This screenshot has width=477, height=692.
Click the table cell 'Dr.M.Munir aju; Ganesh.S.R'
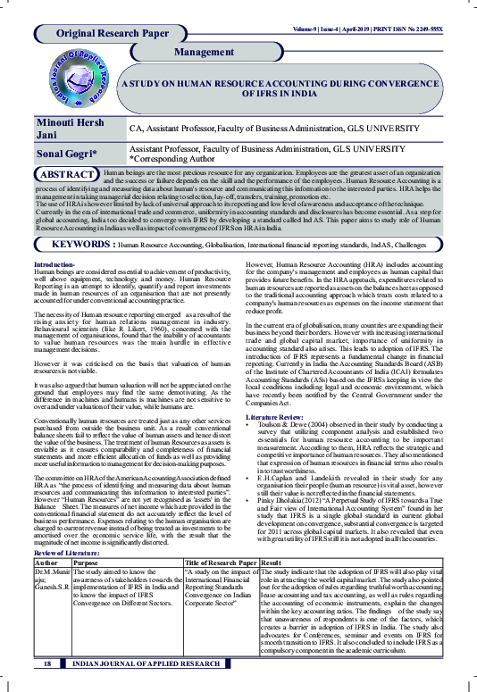coord(52,555)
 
